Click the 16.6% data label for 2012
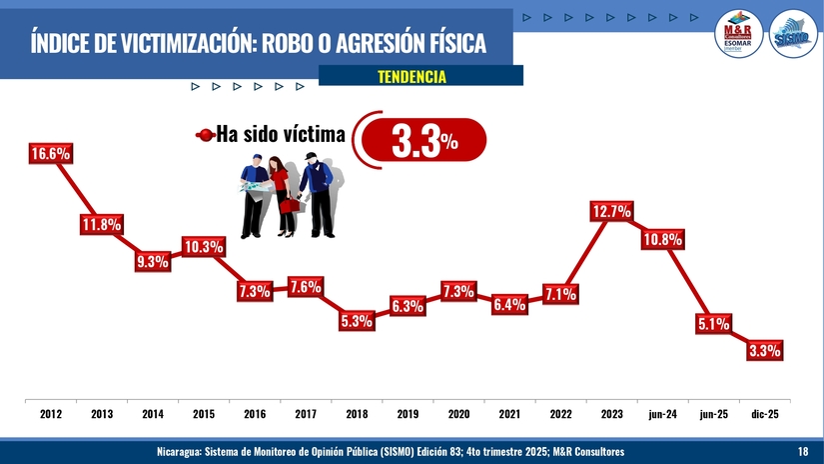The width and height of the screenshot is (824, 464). point(51,154)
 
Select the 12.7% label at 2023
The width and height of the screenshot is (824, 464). point(611,211)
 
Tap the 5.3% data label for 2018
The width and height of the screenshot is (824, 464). point(357,321)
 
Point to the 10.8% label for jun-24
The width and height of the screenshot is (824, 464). point(662,239)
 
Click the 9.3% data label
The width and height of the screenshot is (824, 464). point(152,262)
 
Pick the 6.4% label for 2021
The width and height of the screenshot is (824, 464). point(509,304)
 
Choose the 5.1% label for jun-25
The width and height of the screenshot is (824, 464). point(713,323)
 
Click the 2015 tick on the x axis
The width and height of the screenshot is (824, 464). point(204,413)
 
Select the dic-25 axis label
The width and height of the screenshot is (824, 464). point(764,413)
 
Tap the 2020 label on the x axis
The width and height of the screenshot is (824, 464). point(458,413)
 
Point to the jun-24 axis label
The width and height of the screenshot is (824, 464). point(662,413)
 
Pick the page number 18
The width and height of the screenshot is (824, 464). point(803,452)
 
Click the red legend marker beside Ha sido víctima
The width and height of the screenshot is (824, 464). point(205,135)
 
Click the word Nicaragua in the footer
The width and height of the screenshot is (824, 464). point(179,452)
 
